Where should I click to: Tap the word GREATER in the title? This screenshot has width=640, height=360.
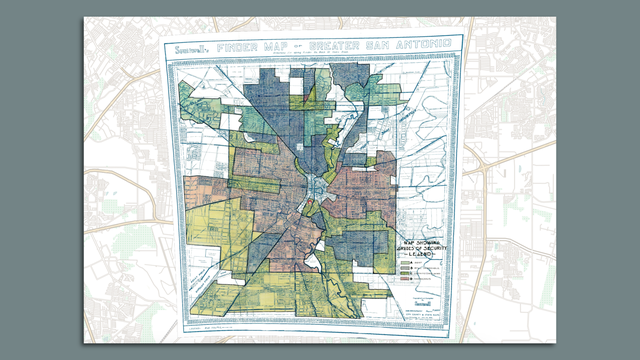click(x=346, y=47)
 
